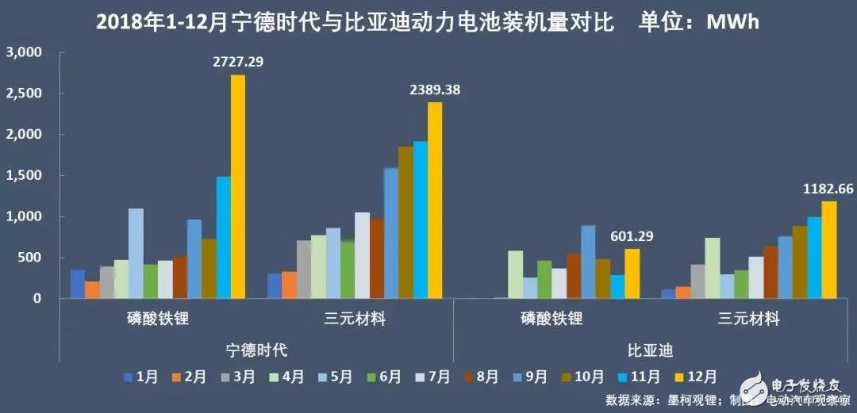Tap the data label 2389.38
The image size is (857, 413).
click(434, 90)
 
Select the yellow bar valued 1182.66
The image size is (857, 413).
click(829, 250)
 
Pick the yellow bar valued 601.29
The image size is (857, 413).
click(632, 273)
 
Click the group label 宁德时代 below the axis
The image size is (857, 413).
click(256, 349)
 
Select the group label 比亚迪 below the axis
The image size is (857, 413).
click(651, 349)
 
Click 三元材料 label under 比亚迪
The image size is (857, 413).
click(750, 319)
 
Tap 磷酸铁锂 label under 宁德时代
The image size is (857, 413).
click(156, 319)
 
